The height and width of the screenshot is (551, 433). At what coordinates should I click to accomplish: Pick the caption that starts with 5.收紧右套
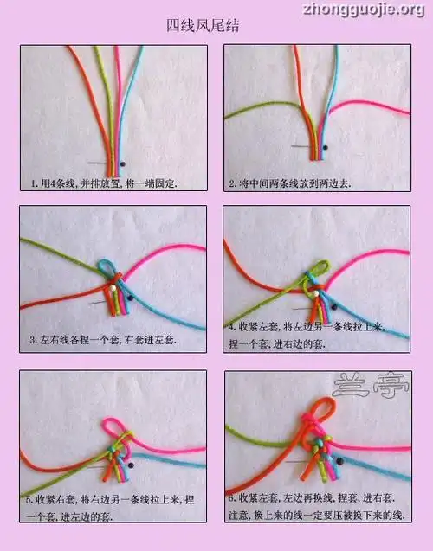click(x=111, y=506)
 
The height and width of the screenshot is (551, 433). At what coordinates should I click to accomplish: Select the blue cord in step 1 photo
click(x=132, y=95)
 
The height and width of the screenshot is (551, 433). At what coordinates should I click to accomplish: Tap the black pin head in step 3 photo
click(x=129, y=297)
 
